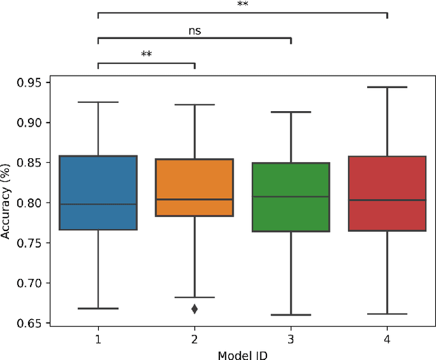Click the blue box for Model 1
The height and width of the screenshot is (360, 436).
tap(98, 192)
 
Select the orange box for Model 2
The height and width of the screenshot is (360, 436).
tap(195, 187)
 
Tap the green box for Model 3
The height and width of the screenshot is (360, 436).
tap(291, 197)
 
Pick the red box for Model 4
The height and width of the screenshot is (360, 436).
tap(387, 193)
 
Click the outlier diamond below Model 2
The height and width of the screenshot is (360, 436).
tap(195, 309)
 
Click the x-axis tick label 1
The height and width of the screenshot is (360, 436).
tap(98, 339)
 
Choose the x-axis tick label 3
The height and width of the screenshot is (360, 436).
tap(291, 339)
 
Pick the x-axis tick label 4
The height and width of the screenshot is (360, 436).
tap(387, 339)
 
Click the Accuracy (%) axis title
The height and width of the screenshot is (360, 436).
tap(6, 202)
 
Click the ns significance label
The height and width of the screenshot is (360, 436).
tap(195, 31)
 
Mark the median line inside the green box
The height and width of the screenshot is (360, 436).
tap(291, 196)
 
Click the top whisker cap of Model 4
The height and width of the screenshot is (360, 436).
tap(387, 87)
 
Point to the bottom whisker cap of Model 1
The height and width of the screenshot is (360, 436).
tap(98, 308)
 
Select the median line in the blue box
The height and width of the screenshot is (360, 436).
tap(98, 204)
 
